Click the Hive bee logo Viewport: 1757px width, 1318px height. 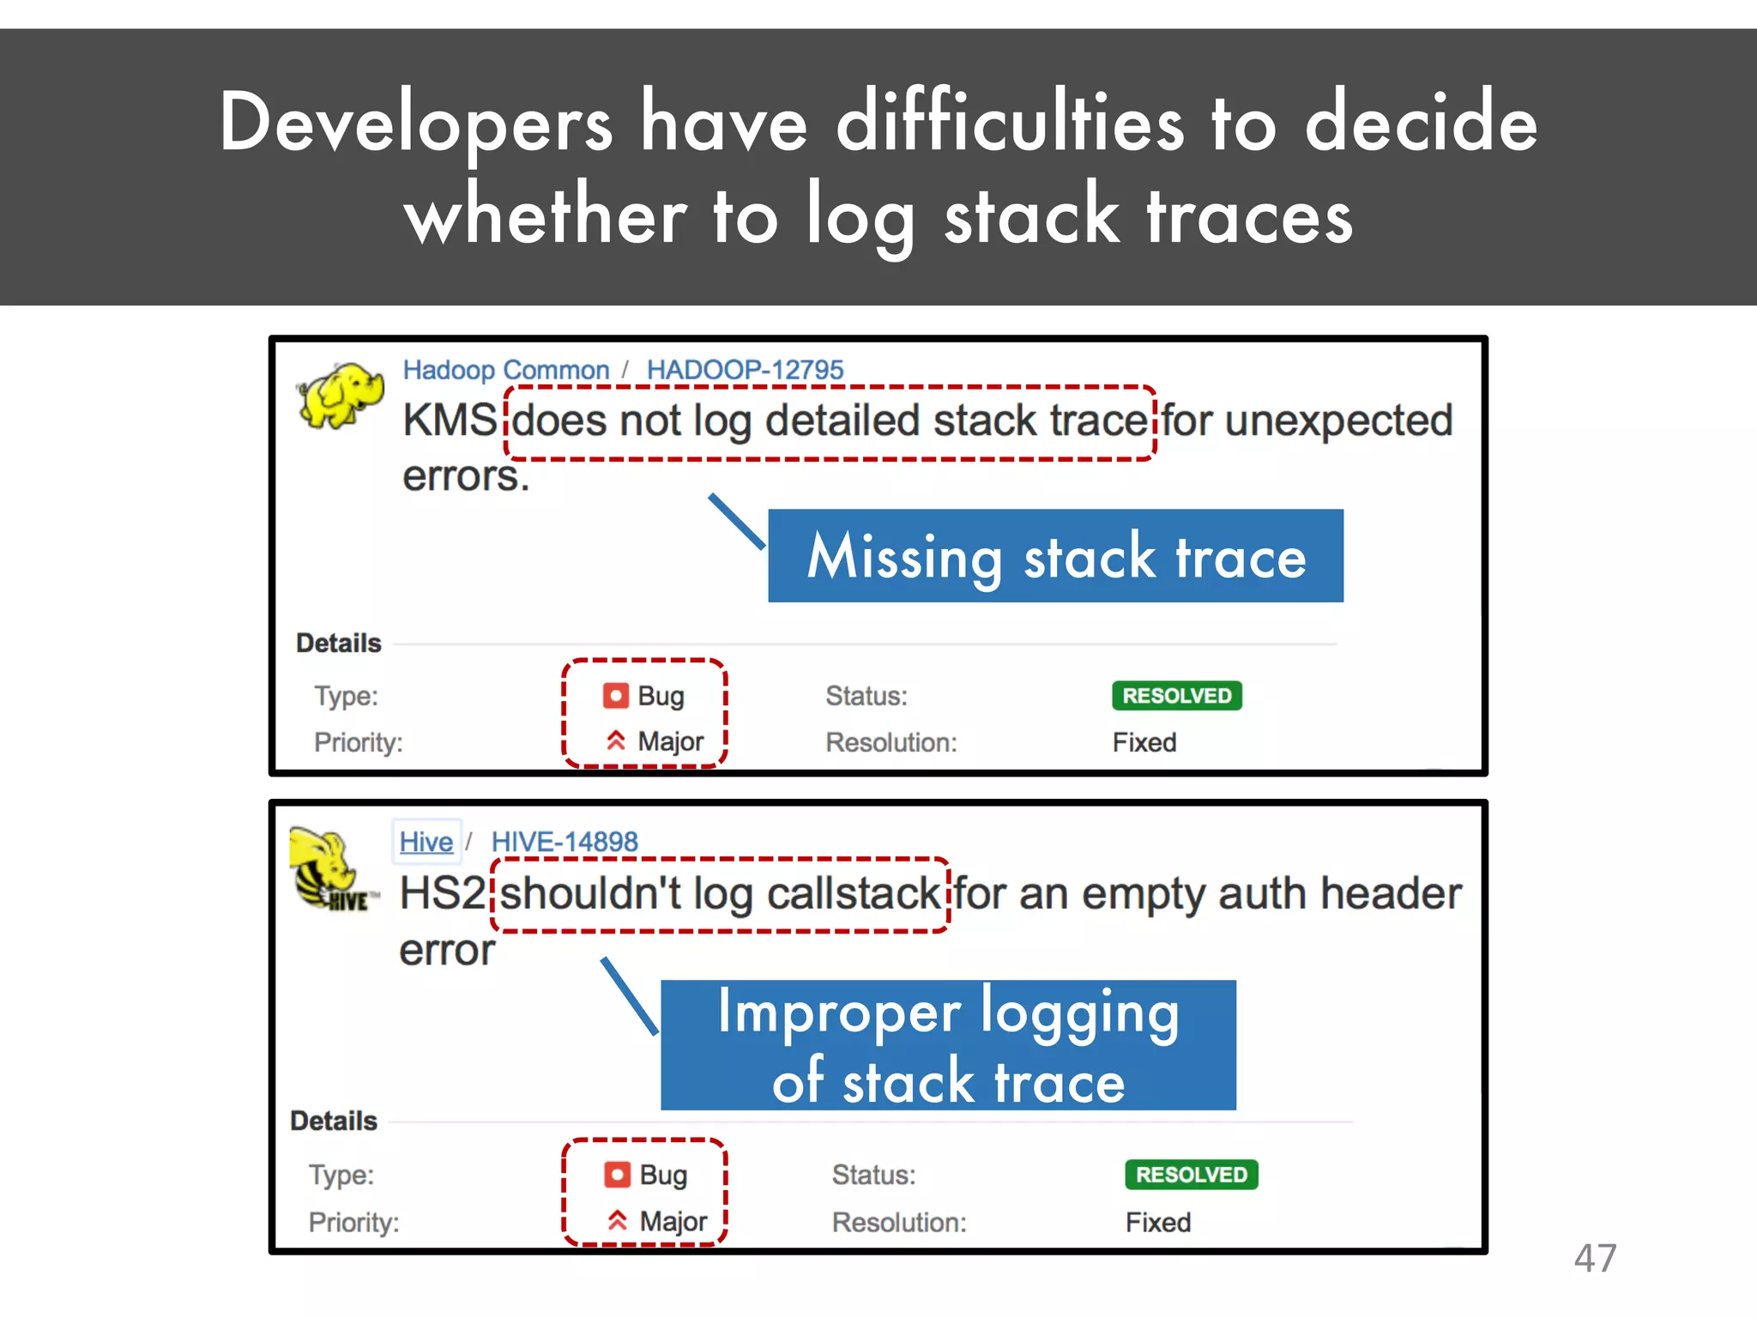click(330, 868)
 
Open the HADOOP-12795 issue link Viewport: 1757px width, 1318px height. click(745, 370)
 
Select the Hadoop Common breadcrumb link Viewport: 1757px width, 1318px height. click(506, 370)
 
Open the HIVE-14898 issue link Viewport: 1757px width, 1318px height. click(565, 842)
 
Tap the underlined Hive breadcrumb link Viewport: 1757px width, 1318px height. click(426, 842)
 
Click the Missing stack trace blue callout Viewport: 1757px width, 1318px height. click(1055, 556)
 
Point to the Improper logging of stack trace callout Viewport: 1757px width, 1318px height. click(948, 1045)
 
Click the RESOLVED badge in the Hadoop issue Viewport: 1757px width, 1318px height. click(1176, 696)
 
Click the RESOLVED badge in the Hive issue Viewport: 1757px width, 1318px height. click(1191, 1175)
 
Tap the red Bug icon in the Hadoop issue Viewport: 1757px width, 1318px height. click(616, 696)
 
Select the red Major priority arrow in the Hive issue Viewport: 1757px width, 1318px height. click(617, 1220)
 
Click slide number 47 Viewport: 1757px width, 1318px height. click(1595, 1258)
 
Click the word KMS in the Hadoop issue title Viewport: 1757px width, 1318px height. click(450, 421)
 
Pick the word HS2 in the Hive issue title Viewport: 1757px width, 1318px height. click(442, 893)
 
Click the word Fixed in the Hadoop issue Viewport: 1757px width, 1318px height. click(1144, 742)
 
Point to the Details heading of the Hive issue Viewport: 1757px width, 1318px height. click(334, 1121)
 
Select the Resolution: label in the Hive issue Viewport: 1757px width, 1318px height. click(898, 1222)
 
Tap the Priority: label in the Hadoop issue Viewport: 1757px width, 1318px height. click(358, 742)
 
